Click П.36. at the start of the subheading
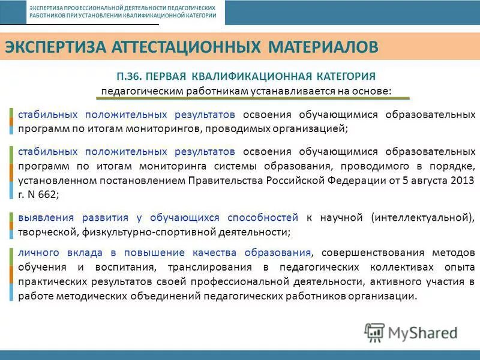pyautogui.click(x=130, y=77)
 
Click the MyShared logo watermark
pyautogui.click(x=412, y=332)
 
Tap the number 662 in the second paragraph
pyautogui.click(x=47, y=178)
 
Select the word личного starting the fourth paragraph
pyautogui.click(x=35, y=252)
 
